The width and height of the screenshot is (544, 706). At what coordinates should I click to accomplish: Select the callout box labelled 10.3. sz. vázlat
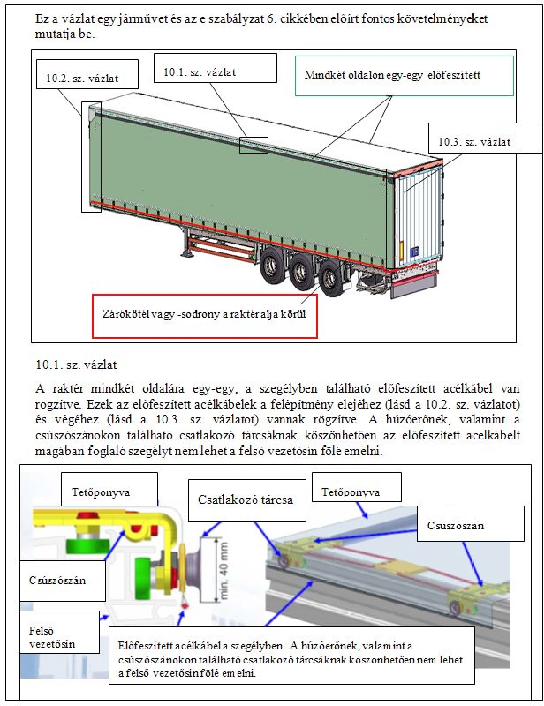pos(485,138)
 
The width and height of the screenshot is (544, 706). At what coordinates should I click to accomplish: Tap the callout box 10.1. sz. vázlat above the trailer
pos(215,68)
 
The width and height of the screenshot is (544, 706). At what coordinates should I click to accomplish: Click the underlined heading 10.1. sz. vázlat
pos(76,364)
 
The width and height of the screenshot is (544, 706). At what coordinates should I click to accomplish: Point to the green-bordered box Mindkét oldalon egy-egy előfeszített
pos(404,76)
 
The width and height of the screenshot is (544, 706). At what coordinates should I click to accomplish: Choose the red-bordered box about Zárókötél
pos(204,316)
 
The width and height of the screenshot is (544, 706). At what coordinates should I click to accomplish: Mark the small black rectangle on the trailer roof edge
pos(254,145)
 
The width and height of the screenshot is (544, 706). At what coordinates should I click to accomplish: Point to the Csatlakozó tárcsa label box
pos(247,500)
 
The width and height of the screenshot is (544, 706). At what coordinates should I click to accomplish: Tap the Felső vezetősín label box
pos(59,637)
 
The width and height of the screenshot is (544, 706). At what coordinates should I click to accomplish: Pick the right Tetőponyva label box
pos(356,491)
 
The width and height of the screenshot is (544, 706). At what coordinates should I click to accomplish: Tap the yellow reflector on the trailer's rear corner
pos(402,250)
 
